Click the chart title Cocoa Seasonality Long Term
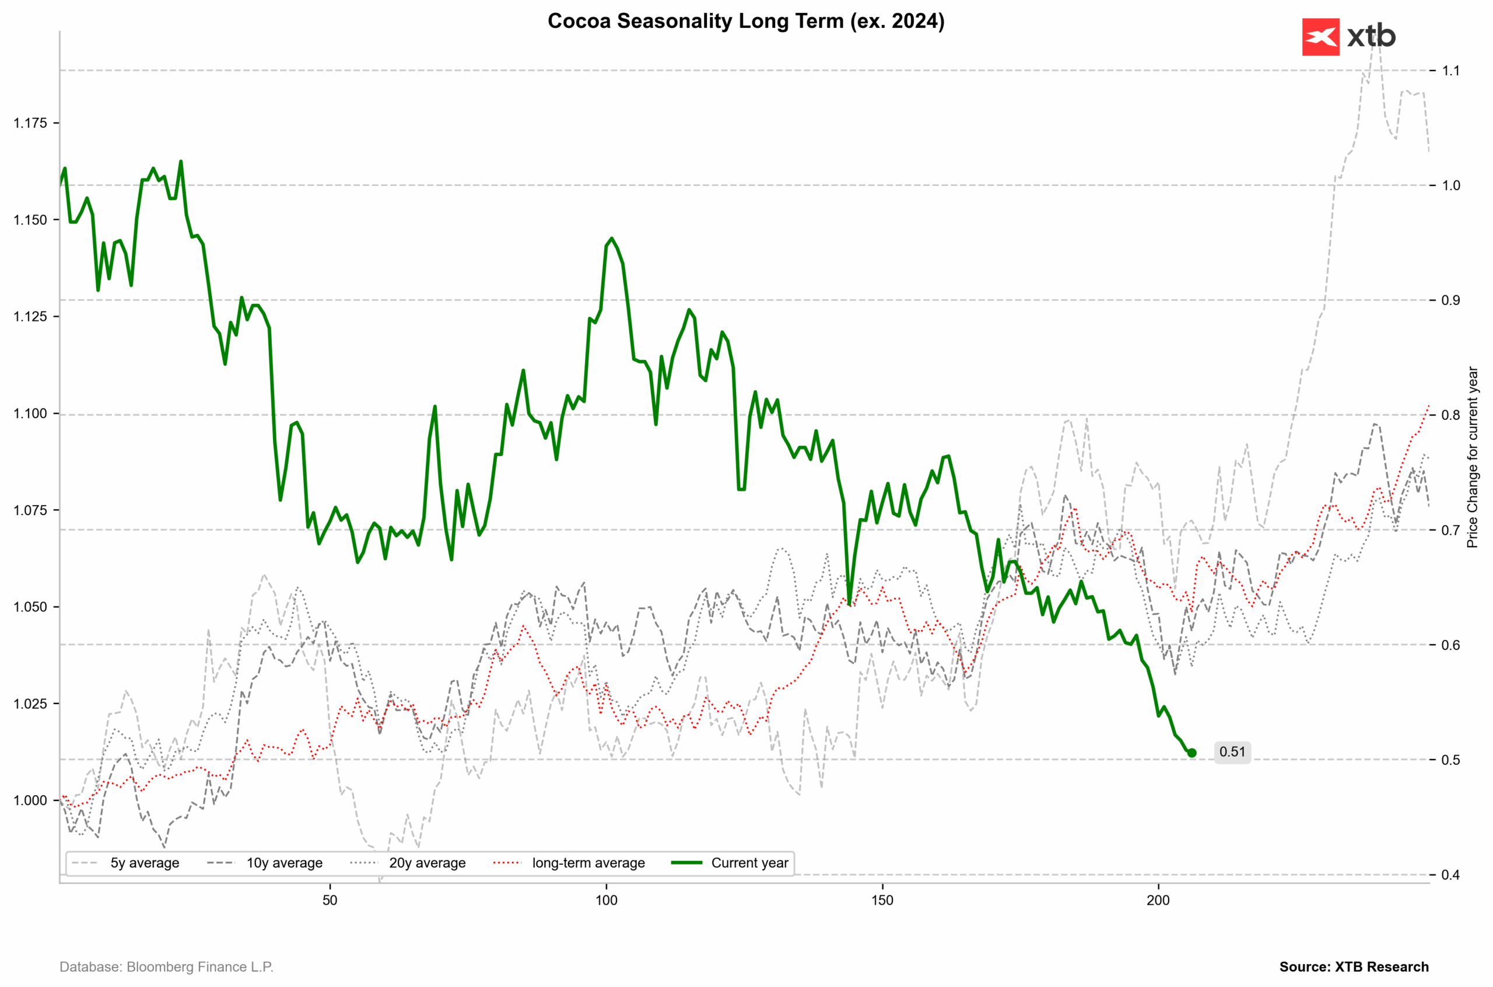pyautogui.click(x=745, y=21)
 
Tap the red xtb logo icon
pyautogui.click(x=1320, y=37)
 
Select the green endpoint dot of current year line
pyautogui.click(x=1191, y=753)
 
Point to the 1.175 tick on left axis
pyautogui.click(x=30, y=123)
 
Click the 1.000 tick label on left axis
pyautogui.click(x=30, y=800)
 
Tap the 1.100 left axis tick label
pyautogui.click(x=30, y=414)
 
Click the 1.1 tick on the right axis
pyautogui.click(x=1451, y=71)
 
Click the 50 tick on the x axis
pyautogui.click(x=330, y=900)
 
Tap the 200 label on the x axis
pyautogui.click(x=1158, y=900)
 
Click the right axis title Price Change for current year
pyautogui.click(x=1472, y=457)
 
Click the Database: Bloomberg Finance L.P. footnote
pyautogui.click(x=167, y=967)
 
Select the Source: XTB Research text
pyautogui.click(x=1354, y=967)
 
